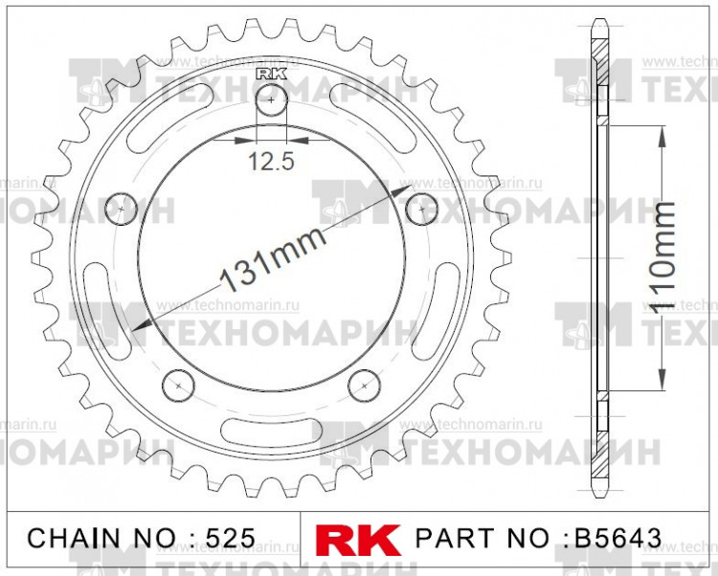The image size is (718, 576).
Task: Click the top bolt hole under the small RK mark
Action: [x=272, y=100]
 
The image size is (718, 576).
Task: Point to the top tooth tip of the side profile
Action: [x=599, y=23]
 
